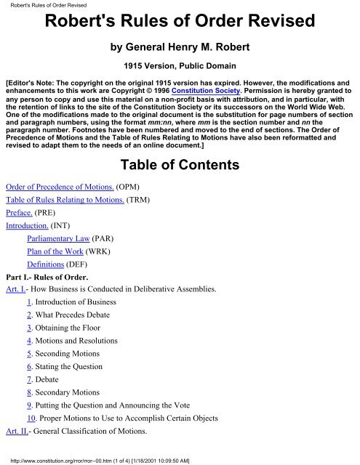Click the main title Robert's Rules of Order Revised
click(x=180, y=25)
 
